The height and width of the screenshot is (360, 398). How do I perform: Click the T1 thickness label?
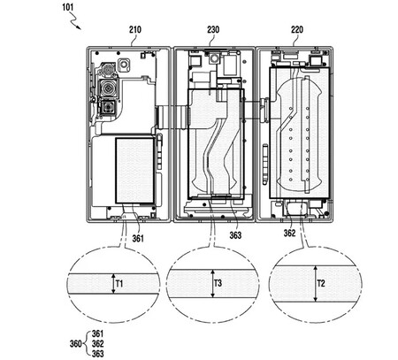[x=122, y=283]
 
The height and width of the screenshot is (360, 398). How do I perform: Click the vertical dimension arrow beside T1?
[x=112, y=283]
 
